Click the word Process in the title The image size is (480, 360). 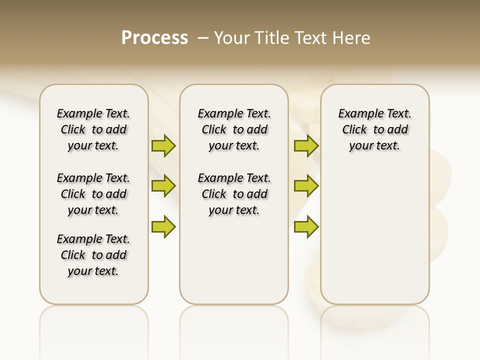(x=154, y=37)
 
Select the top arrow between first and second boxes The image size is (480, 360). (x=163, y=146)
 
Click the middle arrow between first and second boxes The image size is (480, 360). (x=163, y=186)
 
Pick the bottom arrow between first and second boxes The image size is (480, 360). (x=163, y=226)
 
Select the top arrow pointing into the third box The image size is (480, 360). (x=306, y=146)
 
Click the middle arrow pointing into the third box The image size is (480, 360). (x=306, y=186)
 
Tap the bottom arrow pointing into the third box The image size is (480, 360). (x=306, y=226)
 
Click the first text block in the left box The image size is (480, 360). (x=93, y=129)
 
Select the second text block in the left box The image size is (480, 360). (x=93, y=194)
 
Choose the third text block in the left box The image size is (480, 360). (x=93, y=255)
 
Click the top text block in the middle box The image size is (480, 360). (x=234, y=129)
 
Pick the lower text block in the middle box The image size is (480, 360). (x=234, y=194)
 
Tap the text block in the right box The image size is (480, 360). (x=374, y=129)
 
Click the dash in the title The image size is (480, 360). (x=203, y=37)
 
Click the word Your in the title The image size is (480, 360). (x=230, y=37)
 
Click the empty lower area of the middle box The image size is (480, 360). (x=234, y=260)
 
